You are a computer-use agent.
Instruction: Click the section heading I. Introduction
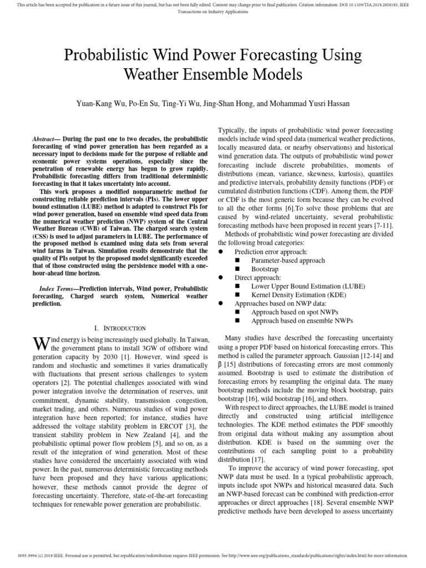(x=120, y=328)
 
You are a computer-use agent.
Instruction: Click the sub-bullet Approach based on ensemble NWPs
(x=302, y=321)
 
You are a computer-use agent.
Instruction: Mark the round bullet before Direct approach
(x=222, y=277)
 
